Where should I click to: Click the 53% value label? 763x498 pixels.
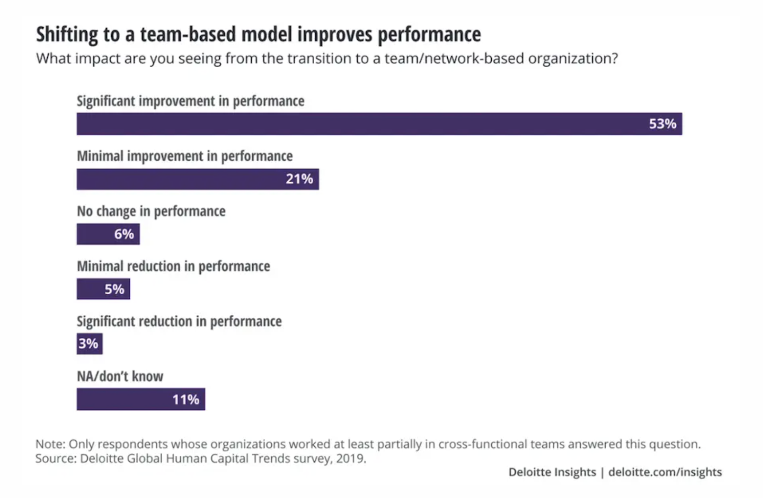662,124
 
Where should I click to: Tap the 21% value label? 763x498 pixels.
299,179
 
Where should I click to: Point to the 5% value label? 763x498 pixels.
114,289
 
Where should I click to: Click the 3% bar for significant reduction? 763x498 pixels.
89,343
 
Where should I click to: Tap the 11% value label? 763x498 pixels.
186,399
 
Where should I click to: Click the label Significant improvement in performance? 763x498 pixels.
190,101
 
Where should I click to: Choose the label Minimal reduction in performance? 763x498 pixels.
173,266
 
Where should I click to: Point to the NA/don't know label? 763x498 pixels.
120,376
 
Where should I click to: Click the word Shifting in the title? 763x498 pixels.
67,35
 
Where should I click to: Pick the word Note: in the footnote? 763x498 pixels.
50,444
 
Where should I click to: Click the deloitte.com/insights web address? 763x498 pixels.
665,472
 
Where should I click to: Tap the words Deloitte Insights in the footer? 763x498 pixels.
552,472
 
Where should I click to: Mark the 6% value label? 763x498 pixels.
124,234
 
